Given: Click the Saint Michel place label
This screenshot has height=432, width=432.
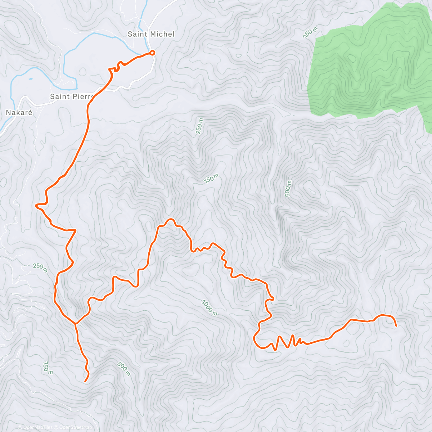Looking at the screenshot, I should pyautogui.click(x=151, y=34).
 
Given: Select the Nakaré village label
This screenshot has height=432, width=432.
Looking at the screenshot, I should pyautogui.click(x=19, y=113).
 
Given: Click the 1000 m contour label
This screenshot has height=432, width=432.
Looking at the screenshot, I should pyautogui.click(x=209, y=308).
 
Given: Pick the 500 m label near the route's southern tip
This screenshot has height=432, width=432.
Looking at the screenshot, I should pyautogui.click(x=123, y=369).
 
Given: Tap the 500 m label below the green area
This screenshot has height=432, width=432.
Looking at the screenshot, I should pyautogui.click(x=288, y=188).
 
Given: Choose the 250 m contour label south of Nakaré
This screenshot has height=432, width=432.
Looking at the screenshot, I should pyautogui.click(x=40, y=267).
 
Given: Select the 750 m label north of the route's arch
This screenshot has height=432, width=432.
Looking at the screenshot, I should pyautogui.click(x=211, y=179).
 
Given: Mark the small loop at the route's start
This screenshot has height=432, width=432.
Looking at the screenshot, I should pyautogui.click(x=152, y=53).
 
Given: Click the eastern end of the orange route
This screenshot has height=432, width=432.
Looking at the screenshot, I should pyautogui.click(x=396, y=326).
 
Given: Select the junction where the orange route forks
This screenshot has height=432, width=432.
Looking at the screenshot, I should pyautogui.click(x=75, y=323).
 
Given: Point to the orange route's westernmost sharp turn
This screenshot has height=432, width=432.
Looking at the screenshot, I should pyautogui.click(x=36, y=206).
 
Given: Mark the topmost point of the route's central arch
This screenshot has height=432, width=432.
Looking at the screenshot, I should pyautogui.click(x=170, y=219).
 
